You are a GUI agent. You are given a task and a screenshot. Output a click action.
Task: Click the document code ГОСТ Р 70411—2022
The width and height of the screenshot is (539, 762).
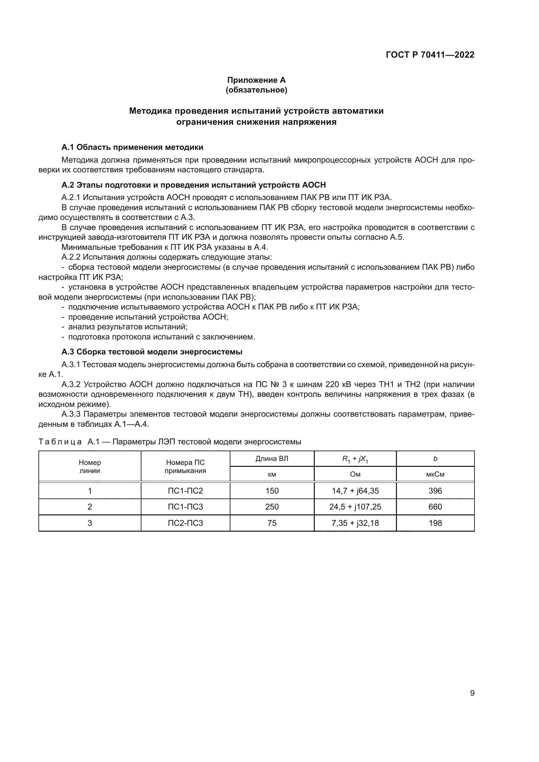point(430,55)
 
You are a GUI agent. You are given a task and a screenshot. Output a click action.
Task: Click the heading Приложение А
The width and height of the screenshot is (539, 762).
point(256,80)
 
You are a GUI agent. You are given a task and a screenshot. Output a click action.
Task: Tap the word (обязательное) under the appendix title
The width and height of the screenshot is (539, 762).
point(256,90)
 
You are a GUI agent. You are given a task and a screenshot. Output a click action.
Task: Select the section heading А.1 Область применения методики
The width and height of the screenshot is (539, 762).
point(132,147)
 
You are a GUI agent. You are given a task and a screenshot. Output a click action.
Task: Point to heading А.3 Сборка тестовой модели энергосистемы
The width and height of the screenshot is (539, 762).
point(152,352)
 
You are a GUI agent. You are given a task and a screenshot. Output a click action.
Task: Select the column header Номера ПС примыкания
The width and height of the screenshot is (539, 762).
point(185,466)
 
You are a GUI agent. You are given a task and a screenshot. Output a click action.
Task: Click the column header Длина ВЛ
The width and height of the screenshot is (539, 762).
point(271,459)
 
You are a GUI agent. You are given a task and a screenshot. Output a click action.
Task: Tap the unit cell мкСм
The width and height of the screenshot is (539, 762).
point(435,474)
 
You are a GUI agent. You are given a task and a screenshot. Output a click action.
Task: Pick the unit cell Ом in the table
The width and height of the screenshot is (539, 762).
point(355,474)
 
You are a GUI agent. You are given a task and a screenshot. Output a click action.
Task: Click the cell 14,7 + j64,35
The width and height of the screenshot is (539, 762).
point(355,491)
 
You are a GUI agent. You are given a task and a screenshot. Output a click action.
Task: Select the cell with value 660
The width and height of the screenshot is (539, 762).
point(435,507)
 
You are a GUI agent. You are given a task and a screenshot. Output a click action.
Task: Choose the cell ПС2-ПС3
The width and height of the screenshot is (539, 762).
point(185,523)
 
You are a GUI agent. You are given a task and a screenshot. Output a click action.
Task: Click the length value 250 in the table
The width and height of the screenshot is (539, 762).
point(272,507)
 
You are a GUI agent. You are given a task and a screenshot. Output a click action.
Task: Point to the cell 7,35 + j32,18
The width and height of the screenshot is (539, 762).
point(355,523)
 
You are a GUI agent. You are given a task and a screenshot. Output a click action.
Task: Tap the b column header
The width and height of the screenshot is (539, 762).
point(435,459)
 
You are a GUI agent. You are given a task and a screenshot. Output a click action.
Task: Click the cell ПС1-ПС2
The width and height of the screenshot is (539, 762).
point(185,491)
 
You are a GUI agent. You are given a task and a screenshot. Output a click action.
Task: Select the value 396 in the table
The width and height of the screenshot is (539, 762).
point(435,491)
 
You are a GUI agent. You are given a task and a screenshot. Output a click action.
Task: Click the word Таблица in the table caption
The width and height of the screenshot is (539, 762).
point(60,442)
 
